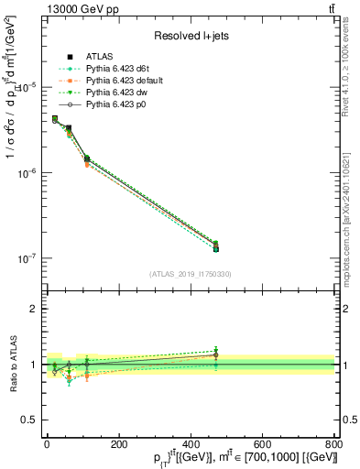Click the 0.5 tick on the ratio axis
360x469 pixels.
[x=28, y=420]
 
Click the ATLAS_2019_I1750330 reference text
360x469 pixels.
[x=190, y=274]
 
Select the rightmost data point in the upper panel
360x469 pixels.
[x=215, y=247]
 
